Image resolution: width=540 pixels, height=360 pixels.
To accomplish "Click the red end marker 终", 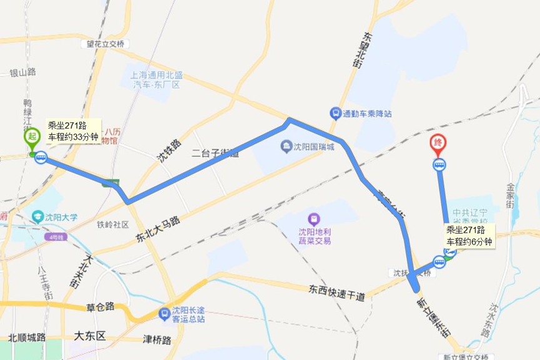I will tap(438, 143).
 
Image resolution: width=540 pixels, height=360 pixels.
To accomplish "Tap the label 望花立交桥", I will tap(106, 44).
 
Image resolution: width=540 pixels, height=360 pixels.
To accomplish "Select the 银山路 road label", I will tap(22, 72).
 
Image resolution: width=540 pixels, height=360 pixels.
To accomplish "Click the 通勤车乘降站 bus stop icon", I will tap(336, 114).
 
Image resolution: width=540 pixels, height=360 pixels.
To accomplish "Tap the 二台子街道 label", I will tap(215, 152).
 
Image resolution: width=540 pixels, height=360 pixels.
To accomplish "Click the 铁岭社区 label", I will tap(112, 225).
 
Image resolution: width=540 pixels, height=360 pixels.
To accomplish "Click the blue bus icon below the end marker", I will tap(439, 165).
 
